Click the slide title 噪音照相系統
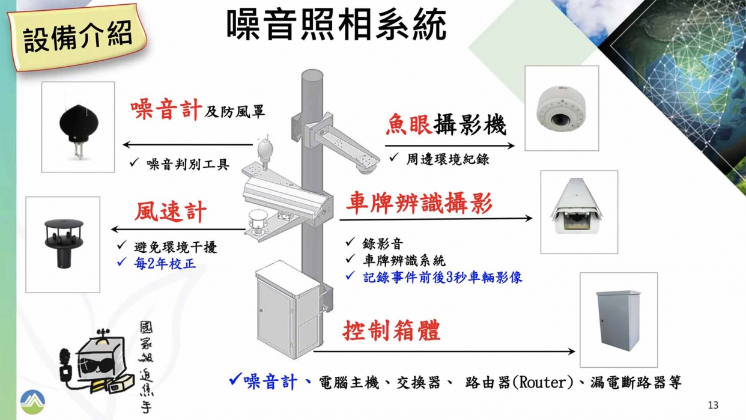point(336,25)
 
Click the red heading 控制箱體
point(392,330)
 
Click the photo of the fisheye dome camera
point(562,108)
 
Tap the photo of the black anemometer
point(62,244)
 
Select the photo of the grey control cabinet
point(618,320)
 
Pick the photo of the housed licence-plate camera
point(579,212)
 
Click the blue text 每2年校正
point(165,263)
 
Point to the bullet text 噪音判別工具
point(188,164)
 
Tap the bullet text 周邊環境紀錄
point(447,159)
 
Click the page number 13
point(713,405)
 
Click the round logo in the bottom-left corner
point(32,401)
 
